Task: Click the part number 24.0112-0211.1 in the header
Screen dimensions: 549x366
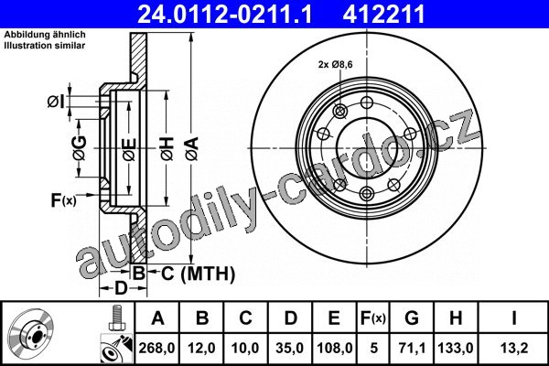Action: pos(224,15)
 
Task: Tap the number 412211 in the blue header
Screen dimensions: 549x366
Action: pos(383,15)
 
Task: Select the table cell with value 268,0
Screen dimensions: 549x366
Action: pos(156,348)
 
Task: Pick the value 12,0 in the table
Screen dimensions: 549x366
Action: pos(201,348)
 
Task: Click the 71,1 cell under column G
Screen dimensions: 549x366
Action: pos(412,348)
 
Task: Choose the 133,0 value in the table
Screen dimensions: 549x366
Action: pos(456,348)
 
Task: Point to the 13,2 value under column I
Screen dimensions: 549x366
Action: pos(513,348)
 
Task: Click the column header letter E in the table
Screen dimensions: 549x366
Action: pos(334,318)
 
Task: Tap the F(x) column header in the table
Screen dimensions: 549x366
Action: pos(373,318)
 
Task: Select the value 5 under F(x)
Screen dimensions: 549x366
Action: pos(374,348)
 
